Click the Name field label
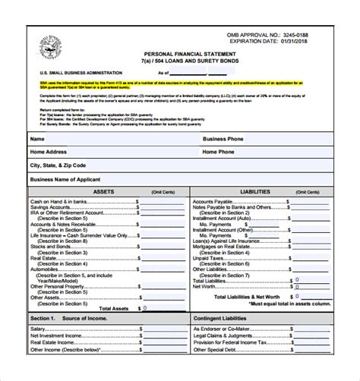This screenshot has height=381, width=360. pyautogui.click(x=37, y=139)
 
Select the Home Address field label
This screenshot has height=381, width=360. pyautogui.click(x=50, y=152)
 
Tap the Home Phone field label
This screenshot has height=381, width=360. pyautogui.click(x=219, y=152)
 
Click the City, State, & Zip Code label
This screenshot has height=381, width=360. pyautogui.click(x=58, y=165)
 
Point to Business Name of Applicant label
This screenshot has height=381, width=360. pyautogui.click(x=68, y=179)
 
